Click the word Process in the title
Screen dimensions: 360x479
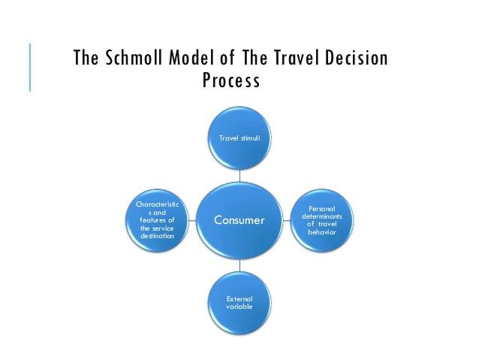[231, 80]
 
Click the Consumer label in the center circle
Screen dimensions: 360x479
[240, 220]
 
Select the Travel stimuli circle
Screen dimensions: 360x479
[240, 138]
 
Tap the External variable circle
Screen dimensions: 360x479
[240, 303]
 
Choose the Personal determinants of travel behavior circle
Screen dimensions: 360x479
[322, 219]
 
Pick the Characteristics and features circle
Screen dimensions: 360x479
[157, 219]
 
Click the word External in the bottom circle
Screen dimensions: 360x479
[240, 298]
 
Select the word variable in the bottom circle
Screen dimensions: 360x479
[240, 307]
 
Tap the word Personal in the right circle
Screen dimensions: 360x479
[322, 207]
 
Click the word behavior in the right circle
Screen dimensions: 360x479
[322, 231]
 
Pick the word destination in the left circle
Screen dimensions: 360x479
[157, 236]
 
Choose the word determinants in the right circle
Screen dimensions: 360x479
[322, 216]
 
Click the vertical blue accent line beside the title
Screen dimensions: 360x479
[30, 68]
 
